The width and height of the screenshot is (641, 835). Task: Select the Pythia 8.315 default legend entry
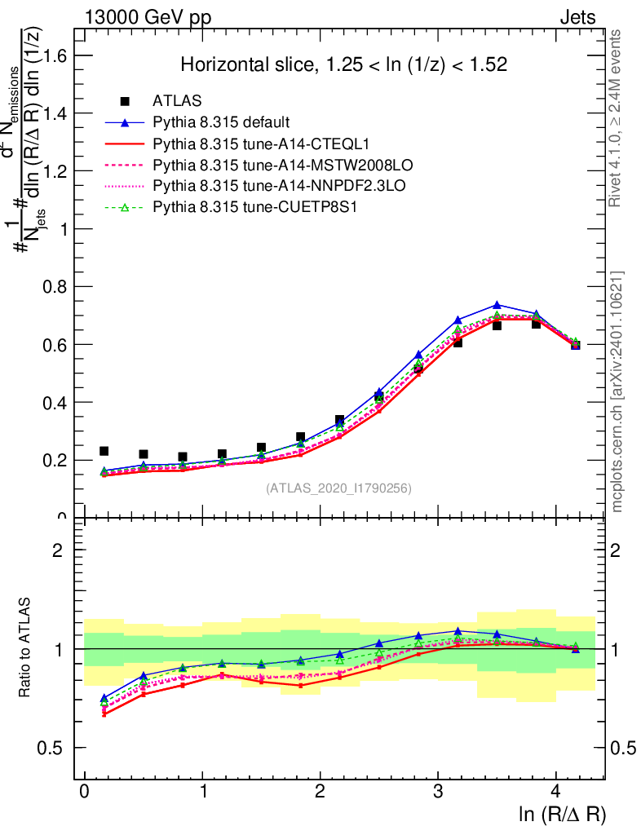coord(221,123)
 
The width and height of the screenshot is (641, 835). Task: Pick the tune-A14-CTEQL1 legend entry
coord(244,144)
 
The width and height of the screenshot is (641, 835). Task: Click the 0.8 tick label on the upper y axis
coord(55,287)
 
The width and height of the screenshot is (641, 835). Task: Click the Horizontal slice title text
coord(344,64)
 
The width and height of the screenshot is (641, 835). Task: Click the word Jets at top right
coord(577,18)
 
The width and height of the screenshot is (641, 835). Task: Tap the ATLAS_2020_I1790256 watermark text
coord(338,488)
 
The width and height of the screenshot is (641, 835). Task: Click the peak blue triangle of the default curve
coord(497,305)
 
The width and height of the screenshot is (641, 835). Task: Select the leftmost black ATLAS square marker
coord(104,451)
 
